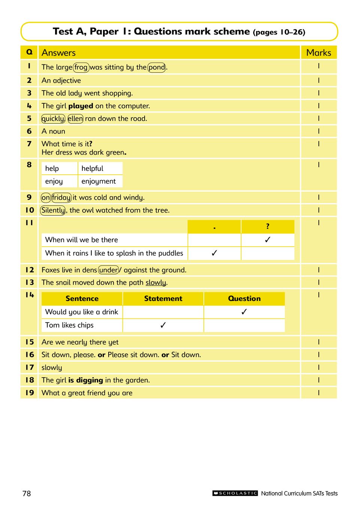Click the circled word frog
[81, 67]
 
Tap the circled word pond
[157, 67]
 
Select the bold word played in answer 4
[81, 106]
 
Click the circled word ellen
[75, 119]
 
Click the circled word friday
[61, 198]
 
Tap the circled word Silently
[53, 210]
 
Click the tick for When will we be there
[267, 240]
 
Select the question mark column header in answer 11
[267, 226]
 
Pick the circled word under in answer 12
[109, 270]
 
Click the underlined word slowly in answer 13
[155, 283]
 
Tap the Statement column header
[163, 299]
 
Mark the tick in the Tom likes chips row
[163, 325]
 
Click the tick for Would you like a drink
[244, 312]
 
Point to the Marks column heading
[318, 53]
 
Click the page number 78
[27, 493]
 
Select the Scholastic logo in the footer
[235, 493]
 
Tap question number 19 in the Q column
[30, 393]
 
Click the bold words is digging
[85, 380]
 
